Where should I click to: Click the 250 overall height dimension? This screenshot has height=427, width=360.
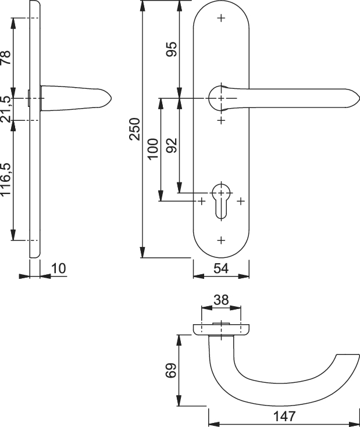tap(134, 129)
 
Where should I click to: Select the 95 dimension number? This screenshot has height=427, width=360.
tap(172, 49)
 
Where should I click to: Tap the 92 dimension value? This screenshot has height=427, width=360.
tap(172, 145)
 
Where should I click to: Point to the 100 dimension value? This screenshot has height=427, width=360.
tap(152, 148)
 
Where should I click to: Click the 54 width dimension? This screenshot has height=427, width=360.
tap(221, 268)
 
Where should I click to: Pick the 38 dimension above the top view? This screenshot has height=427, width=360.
tap(221, 300)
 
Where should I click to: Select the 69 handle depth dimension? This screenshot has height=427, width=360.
tap(171, 371)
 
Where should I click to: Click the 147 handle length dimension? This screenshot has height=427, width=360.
tap(284, 417)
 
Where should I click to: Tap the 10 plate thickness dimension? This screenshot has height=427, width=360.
tap(59, 268)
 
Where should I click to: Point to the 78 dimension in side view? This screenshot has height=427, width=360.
tap(5, 58)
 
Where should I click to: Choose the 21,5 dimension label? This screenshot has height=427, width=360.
tap(5, 109)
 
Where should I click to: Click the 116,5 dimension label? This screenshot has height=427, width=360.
tap(5, 179)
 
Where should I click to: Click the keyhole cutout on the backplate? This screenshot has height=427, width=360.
tap(221, 202)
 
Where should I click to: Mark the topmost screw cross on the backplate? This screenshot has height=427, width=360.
tap(221, 18)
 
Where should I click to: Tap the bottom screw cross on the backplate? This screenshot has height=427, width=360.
tap(221, 240)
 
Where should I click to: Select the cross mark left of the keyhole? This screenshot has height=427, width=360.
tap(201, 201)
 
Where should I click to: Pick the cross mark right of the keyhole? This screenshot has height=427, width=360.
tap(241, 201)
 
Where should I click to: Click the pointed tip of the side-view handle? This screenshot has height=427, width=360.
tap(112, 98)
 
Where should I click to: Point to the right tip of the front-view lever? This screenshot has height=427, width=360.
tap(359, 98)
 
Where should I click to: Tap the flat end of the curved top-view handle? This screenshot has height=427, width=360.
tap(348, 354)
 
